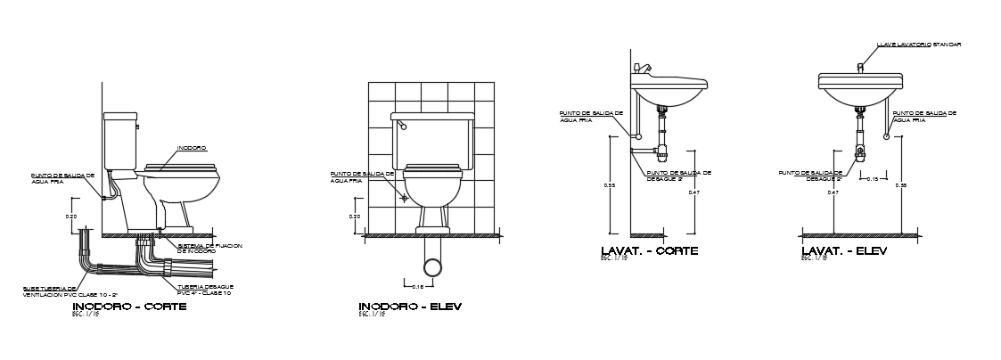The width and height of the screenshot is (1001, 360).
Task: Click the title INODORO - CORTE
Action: (128, 307)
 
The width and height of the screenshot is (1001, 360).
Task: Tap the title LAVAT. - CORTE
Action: (649, 251)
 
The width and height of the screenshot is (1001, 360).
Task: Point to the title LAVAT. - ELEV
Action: (844, 251)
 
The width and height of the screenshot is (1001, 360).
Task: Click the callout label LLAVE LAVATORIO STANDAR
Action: (918, 44)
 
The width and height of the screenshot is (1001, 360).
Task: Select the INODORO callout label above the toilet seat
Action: (192, 148)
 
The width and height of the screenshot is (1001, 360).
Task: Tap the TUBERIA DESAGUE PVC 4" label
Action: (205, 290)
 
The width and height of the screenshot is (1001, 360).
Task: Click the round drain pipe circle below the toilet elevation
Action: (432, 266)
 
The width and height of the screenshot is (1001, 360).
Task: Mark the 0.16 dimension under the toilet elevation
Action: (418, 286)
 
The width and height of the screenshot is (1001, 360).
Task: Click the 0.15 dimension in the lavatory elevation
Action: (873, 179)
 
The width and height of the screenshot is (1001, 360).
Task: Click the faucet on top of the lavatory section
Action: (642, 68)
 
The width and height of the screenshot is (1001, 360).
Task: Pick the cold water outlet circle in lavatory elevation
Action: (887, 136)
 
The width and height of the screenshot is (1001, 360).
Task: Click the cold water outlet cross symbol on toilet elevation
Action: (404, 198)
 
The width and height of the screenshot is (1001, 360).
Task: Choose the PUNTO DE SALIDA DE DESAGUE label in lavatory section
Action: (678, 176)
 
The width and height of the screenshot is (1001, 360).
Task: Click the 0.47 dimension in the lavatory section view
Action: (693, 192)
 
